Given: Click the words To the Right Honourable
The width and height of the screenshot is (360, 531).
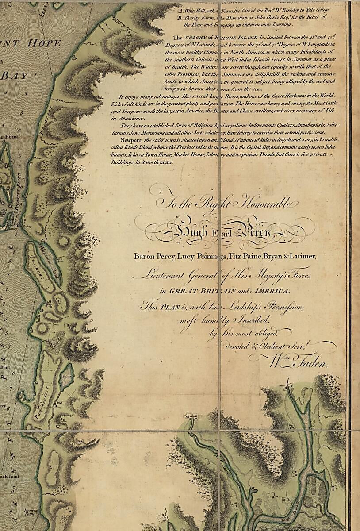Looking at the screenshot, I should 226,203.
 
